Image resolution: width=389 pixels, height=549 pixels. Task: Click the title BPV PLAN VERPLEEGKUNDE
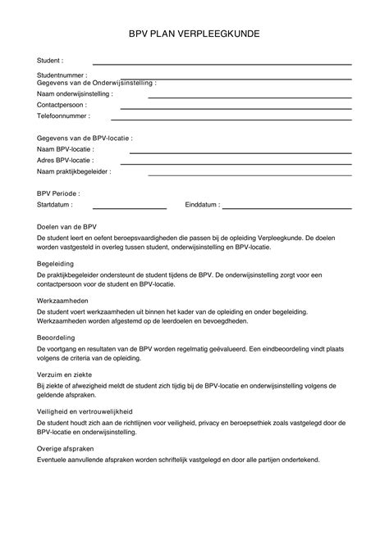pos(194,35)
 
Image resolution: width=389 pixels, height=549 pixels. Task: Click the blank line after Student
pos(222,63)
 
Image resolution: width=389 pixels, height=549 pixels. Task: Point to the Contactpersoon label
pos(62,105)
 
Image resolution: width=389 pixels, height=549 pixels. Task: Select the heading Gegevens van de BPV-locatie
pos(85,138)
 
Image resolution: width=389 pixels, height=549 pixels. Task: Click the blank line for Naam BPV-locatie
pos(241,152)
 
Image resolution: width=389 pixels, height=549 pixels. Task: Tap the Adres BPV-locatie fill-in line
pos(241,163)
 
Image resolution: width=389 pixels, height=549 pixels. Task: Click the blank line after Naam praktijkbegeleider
pos(249,174)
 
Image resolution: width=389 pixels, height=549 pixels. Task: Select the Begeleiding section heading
pos(56,264)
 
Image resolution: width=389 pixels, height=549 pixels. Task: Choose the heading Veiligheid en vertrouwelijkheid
pos(85,411)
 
